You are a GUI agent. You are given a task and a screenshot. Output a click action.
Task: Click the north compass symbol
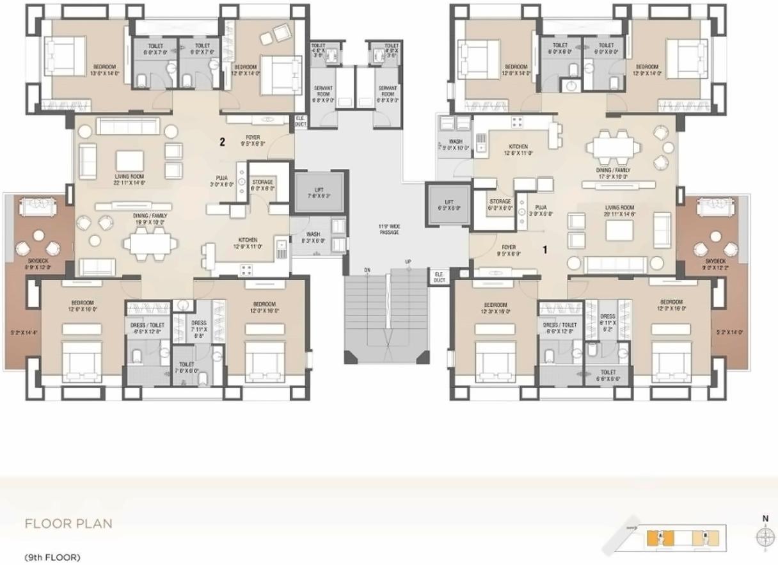click(765, 536)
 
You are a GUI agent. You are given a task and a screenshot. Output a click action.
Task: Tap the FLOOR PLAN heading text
click(68, 523)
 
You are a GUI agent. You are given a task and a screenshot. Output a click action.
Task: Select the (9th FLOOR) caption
click(52, 557)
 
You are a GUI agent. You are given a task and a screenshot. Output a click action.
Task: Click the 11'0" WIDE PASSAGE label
click(388, 229)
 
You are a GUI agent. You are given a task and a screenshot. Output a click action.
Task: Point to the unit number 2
click(223, 142)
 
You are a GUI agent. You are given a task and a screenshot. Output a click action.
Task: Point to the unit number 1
click(544, 250)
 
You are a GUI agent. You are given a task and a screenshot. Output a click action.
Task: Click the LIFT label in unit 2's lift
click(319, 193)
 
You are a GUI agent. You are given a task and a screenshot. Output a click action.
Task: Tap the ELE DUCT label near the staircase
click(439, 277)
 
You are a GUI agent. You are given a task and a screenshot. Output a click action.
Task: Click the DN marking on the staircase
click(367, 270)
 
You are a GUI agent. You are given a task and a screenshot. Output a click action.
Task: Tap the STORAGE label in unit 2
click(262, 186)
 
